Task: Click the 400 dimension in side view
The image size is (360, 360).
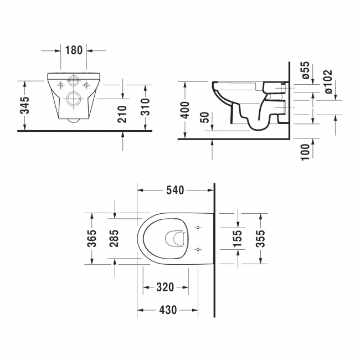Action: [186, 110]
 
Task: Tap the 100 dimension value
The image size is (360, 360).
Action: [304, 151]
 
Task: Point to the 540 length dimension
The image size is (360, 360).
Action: [175, 190]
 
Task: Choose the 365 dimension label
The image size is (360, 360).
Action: [92, 239]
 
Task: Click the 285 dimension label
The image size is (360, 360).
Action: [115, 239]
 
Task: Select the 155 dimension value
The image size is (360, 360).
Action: [238, 238]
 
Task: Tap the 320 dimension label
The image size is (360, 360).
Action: [165, 287]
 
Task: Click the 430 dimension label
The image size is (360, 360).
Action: [168, 310]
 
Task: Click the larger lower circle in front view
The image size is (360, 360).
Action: [73, 100]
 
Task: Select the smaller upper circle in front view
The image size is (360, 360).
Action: [73, 81]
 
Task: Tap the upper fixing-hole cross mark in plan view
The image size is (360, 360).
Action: [198, 228]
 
